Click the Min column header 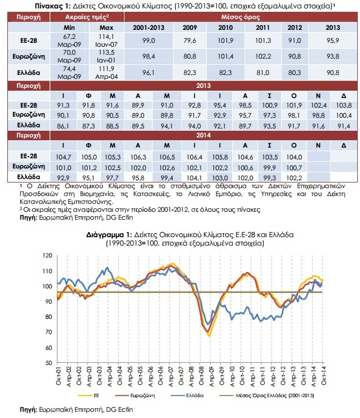point(69,28)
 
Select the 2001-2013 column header point(149,28)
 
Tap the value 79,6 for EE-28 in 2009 point(190,41)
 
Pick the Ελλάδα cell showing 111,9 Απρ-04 point(106,73)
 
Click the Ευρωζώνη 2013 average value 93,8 point(333,56)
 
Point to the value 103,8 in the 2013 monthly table point(344,105)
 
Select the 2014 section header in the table point(203,135)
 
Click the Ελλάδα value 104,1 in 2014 point(194,178)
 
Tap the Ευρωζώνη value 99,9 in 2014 point(270,168)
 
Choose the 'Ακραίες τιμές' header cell point(87,17)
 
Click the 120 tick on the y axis point(47,255)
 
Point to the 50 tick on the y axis point(49,363)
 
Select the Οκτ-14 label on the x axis point(323,375)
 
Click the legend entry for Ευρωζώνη point(135,395)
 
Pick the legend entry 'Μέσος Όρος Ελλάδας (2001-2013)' point(266,395)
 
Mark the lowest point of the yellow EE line point(210,336)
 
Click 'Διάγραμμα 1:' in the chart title point(109,235)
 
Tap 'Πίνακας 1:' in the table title point(52,6)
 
